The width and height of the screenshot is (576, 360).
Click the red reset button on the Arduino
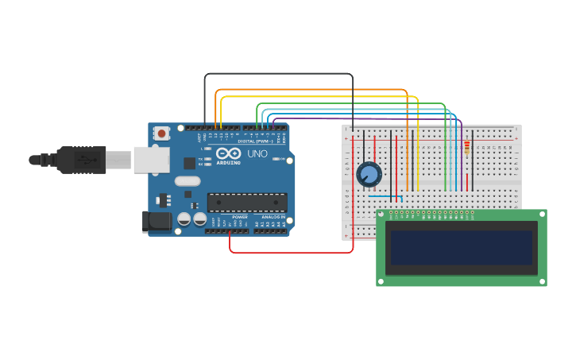(x=161, y=134)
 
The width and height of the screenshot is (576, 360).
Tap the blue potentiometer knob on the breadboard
(x=369, y=174)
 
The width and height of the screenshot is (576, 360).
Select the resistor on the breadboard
(x=466, y=148)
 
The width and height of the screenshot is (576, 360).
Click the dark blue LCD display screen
(x=461, y=247)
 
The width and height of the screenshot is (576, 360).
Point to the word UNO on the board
(x=257, y=153)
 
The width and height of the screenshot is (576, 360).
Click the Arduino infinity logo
(x=228, y=153)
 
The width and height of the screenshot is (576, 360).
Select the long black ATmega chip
(x=247, y=202)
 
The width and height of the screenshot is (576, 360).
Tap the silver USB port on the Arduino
(x=151, y=160)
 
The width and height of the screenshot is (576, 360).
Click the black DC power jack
(x=157, y=221)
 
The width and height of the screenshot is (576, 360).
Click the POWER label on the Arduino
(x=240, y=217)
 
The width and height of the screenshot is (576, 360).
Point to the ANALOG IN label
(x=270, y=217)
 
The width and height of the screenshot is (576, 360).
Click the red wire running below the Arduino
(x=291, y=253)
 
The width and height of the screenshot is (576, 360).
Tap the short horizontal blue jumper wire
(x=385, y=196)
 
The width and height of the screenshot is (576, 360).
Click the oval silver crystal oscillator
(x=187, y=181)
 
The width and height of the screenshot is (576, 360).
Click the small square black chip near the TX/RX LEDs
(x=189, y=163)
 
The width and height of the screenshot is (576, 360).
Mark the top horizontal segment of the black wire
(x=278, y=74)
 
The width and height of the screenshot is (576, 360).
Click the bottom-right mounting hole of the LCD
(x=541, y=281)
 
